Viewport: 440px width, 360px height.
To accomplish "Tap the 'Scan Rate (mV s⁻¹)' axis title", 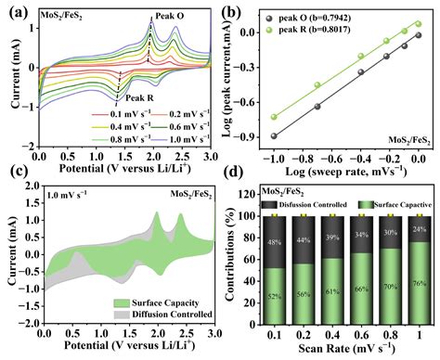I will (x=344, y=350).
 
